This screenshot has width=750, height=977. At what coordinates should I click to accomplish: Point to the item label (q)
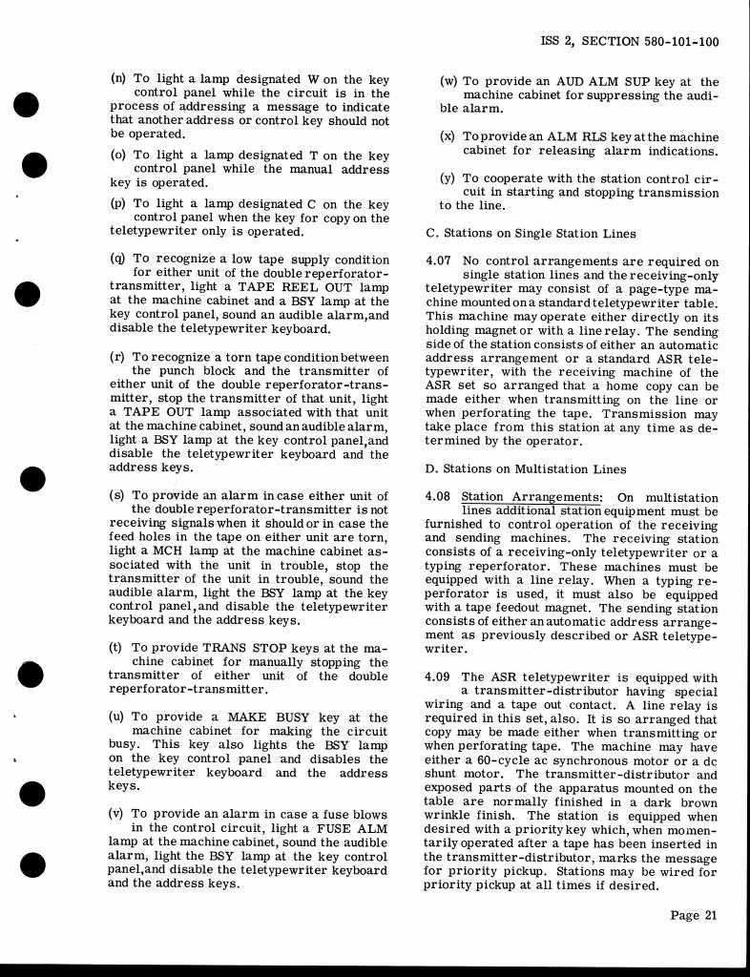coord(118,260)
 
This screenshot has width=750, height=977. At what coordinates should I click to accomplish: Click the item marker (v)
coord(118,815)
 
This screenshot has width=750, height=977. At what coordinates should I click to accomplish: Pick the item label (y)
coord(448,178)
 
